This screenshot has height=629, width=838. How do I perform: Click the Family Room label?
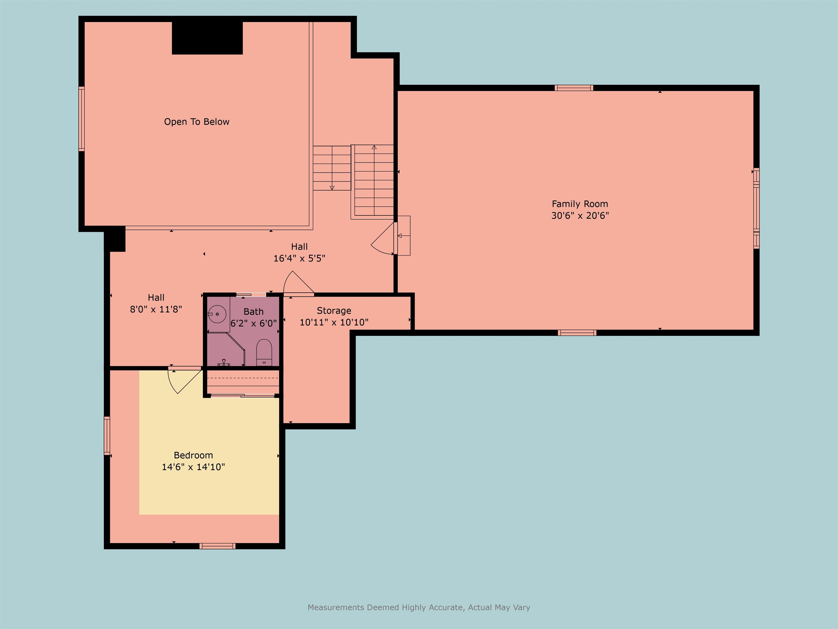point(580,204)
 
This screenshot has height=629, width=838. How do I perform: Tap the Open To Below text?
point(197,122)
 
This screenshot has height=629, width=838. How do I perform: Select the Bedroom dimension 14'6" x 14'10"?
point(193,467)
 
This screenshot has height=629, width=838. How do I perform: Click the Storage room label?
point(334,310)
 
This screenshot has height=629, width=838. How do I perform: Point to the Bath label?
point(253,312)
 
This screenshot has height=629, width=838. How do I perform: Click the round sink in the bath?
point(217,314)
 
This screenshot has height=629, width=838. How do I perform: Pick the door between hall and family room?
point(383,239)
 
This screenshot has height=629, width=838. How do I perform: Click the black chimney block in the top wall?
point(207,38)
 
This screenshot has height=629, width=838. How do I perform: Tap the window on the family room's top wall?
point(574,88)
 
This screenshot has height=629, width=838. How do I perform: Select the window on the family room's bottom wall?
point(577,333)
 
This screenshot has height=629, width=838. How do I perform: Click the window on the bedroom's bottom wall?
point(217,546)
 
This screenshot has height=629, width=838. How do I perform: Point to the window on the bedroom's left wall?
point(107,436)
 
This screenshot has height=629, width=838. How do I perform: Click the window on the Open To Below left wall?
point(82,119)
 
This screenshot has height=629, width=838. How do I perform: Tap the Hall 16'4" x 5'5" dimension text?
point(299,259)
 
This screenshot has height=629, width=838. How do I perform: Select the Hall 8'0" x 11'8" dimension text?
point(156,309)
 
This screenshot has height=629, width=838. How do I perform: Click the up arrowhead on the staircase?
point(374,147)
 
